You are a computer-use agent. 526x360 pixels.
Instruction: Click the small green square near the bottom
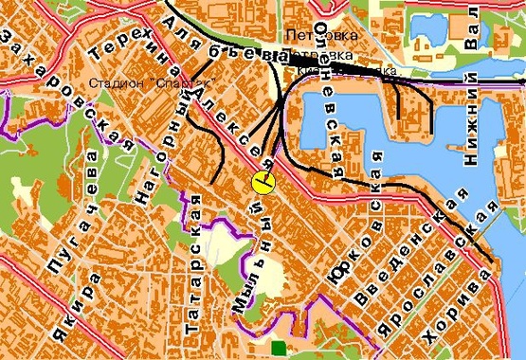pos(277,349)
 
